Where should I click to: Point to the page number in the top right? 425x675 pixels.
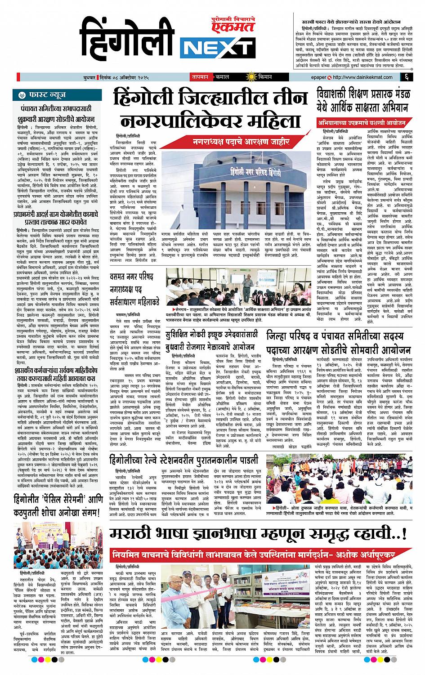pos(406,77)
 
